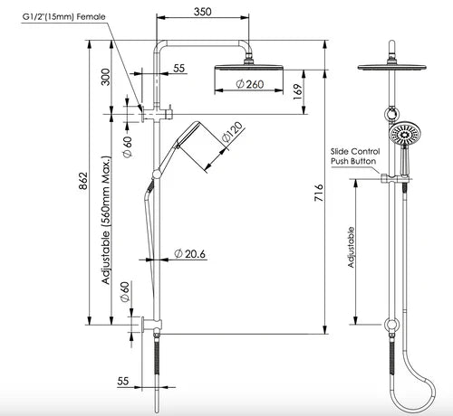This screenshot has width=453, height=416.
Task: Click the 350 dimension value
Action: pyautogui.click(x=203, y=12)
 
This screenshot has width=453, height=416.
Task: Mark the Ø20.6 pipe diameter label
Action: pyautogui.click(x=190, y=255)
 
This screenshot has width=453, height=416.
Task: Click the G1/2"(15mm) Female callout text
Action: pyautogui.click(x=52, y=16)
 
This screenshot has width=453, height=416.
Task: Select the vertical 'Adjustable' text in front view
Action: pyautogui.click(x=352, y=249)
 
